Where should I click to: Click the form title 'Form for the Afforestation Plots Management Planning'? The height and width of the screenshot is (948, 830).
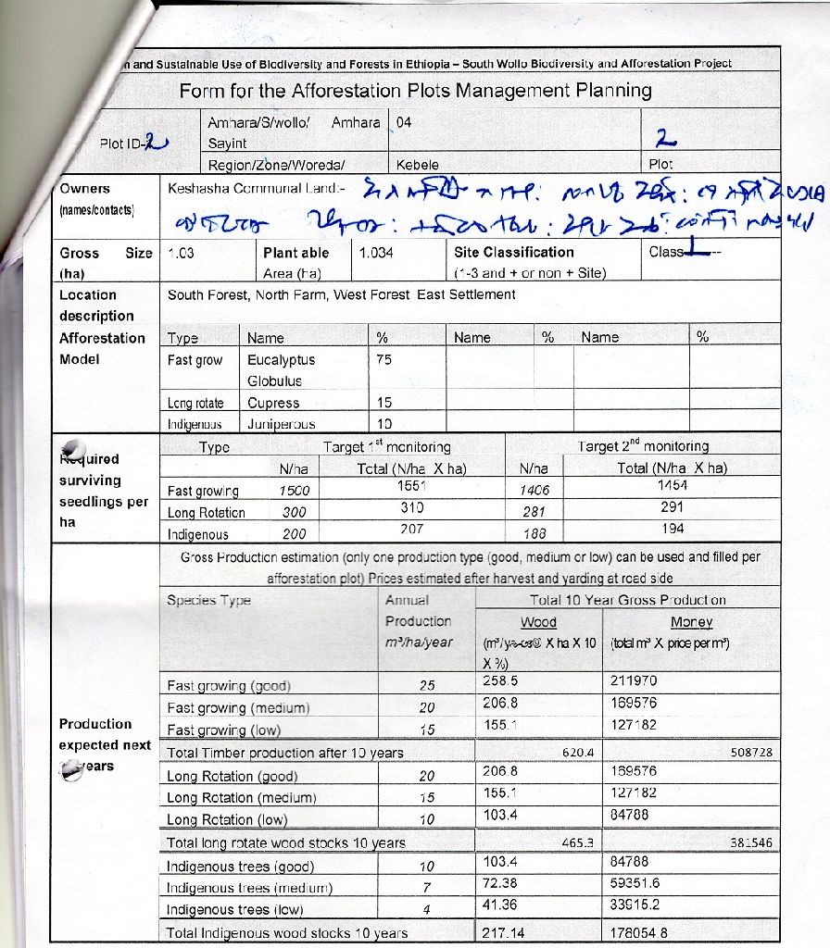click(x=415, y=91)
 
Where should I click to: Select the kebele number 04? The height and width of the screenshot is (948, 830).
click(x=404, y=122)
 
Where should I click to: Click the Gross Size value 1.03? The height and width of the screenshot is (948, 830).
click(x=182, y=252)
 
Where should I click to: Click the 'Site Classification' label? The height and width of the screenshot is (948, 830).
click(x=514, y=252)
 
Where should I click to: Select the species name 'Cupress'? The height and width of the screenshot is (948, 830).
click(x=273, y=403)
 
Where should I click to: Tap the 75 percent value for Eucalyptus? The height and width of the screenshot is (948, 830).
click(x=384, y=360)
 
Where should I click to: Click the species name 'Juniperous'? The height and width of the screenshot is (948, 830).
click(x=281, y=424)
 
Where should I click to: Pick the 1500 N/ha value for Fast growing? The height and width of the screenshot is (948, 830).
click(x=295, y=491)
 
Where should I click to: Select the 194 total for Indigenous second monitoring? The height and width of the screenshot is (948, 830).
click(x=673, y=529)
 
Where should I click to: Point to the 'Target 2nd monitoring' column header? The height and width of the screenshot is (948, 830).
click(x=643, y=446)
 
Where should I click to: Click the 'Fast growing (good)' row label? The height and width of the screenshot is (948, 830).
click(x=229, y=686)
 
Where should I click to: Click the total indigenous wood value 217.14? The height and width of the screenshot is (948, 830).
click(x=504, y=933)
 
